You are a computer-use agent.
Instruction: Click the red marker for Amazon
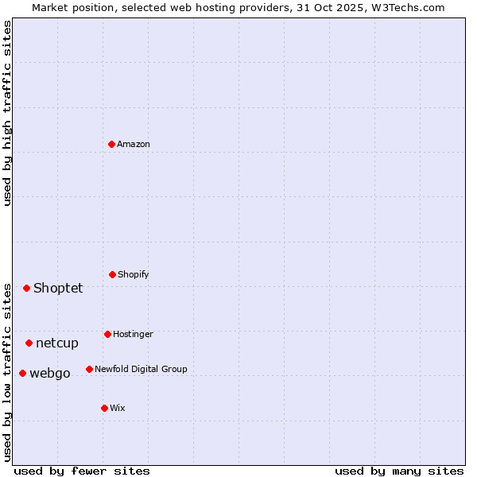112,144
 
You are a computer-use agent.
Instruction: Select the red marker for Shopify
112,274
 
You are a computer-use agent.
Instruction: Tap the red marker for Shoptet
26,288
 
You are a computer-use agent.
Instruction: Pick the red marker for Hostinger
107,334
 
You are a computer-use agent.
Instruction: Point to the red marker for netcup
29,343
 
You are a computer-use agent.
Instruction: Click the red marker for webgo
22,373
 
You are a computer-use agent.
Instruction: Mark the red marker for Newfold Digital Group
89,369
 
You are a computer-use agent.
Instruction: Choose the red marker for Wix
104,408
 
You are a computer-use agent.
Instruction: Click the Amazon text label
134,144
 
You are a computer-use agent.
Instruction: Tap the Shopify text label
134,274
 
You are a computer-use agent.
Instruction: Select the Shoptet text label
58,288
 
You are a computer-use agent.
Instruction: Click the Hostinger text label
133,334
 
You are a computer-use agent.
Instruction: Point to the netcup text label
57,343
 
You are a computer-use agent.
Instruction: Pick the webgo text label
50,373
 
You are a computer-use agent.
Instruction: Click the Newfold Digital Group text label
141,369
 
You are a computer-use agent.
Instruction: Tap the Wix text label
118,408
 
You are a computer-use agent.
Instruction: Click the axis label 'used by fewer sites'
82,471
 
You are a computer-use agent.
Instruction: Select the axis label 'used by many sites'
399,471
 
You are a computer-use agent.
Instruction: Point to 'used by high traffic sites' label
7,113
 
